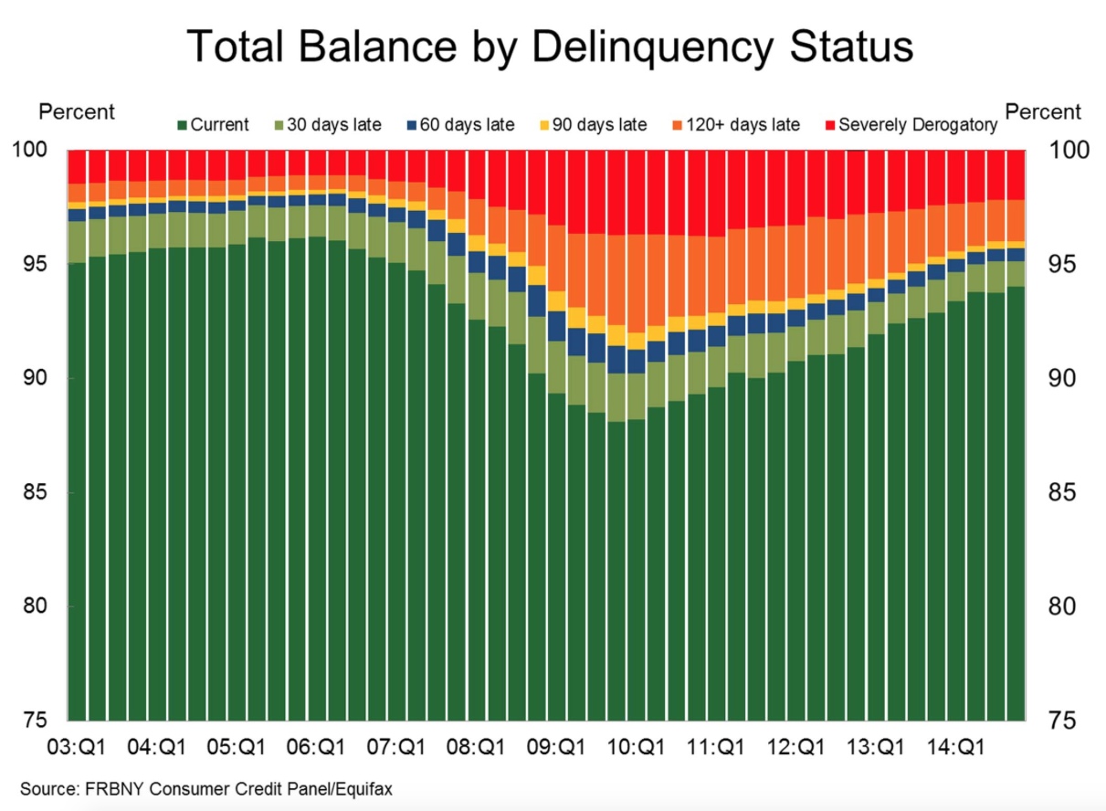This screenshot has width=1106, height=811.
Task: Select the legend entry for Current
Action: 213,125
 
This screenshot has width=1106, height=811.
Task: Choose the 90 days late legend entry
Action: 545,125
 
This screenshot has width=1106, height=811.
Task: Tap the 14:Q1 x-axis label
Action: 950,747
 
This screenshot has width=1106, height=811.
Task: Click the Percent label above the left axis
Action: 76,111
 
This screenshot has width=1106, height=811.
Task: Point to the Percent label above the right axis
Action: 1043,111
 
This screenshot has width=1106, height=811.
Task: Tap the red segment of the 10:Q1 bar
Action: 637,192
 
